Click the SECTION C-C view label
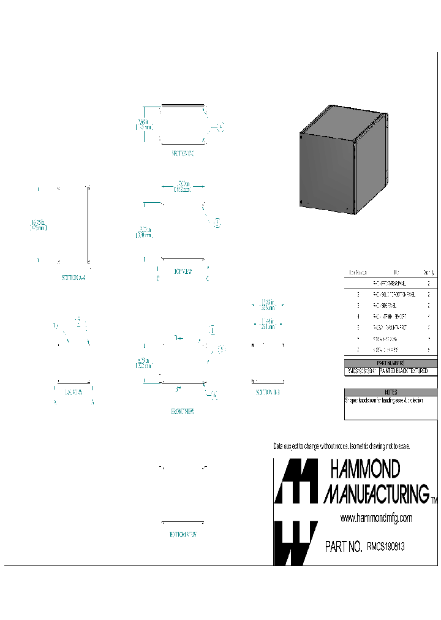pyautogui.click(x=183, y=153)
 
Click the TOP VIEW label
pyautogui.click(x=183, y=271)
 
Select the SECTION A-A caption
pyautogui.click(x=74, y=278)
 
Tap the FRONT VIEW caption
pyautogui.click(x=183, y=412)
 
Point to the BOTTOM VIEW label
pyautogui.click(x=183, y=534)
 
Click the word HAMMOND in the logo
pyautogui.click(x=365, y=470)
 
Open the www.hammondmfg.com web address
pyautogui.click(x=376, y=518)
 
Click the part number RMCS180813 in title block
pyautogui.click(x=385, y=546)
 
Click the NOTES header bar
pyautogui.click(x=391, y=391)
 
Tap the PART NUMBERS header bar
pyautogui.click(x=391, y=363)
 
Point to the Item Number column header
pyautogui.click(x=358, y=272)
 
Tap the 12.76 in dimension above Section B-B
pyautogui.click(x=266, y=303)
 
